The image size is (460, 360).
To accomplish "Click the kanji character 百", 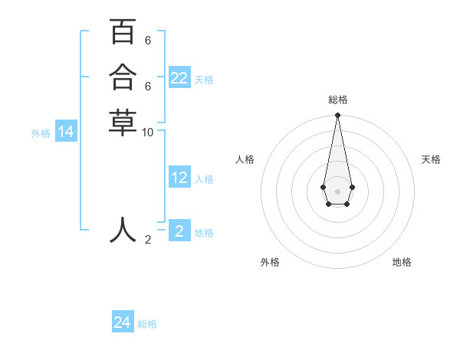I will [123, 32].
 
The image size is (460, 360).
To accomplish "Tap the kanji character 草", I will [123, 123].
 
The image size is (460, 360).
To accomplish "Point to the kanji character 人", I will [123, 229].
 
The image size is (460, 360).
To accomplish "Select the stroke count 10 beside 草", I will [148, 132].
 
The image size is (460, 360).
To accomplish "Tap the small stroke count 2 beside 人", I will [148, 239].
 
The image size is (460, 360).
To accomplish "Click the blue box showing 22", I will [179, 78].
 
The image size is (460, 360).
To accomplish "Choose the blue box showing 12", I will [179, 178].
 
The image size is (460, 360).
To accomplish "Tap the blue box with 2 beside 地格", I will [179, 231].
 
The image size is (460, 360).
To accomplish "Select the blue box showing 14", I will [66, 132].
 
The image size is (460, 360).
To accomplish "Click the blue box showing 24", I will [123, 322].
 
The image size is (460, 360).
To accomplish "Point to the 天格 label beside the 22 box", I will [204, 80].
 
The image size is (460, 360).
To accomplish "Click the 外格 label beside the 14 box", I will [41, 133].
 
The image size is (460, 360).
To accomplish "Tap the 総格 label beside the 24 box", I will [147, 324].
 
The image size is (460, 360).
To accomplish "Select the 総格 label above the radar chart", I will [337, 100].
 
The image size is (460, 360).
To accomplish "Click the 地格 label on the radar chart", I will [402, 262].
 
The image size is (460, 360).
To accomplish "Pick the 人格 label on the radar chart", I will [245, 159].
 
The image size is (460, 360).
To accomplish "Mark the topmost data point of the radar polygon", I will [337, 116].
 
